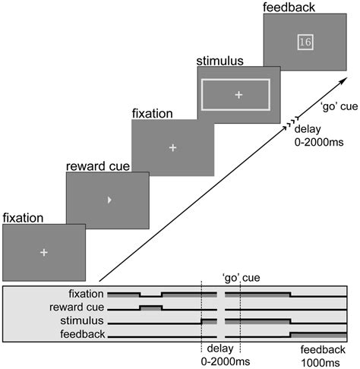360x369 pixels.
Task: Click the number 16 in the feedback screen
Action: (305, 42)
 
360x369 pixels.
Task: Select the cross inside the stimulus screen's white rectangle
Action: (238, 94)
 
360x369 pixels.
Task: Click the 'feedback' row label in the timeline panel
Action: (84, 335)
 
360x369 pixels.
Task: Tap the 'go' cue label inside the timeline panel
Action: (242, 279)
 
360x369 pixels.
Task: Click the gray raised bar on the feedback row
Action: (318, 333)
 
